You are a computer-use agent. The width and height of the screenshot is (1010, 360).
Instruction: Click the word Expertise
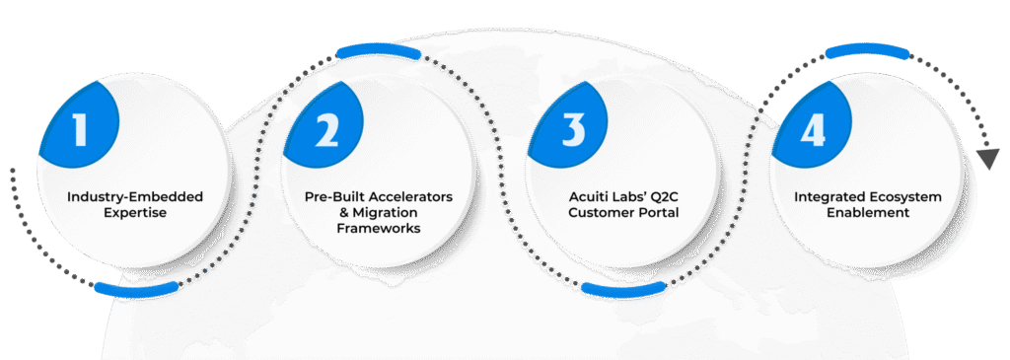click(x=134, y=212)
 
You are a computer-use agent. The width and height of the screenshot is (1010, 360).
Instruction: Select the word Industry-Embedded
click(x=134, y=195)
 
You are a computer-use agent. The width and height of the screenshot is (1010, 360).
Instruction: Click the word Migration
click(x=388, y=212)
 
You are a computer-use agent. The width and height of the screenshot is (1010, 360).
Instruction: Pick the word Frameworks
click(x=380, y=228)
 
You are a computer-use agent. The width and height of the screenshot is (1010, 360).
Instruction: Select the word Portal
click(x=657, y=212)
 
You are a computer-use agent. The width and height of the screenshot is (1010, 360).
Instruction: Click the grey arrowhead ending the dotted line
click(x=987, y=159)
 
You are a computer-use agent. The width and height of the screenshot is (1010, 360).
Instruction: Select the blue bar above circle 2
click(x=379, y=53)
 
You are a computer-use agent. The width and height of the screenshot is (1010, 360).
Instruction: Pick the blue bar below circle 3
click(x=624, y=289)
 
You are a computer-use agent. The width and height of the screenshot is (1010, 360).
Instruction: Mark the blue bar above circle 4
click(x=867, y=52)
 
